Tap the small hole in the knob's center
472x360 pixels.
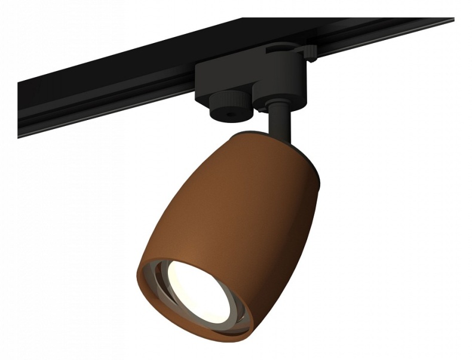tap(229, 112)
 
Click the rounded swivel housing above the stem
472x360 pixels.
tap(275, 99)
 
